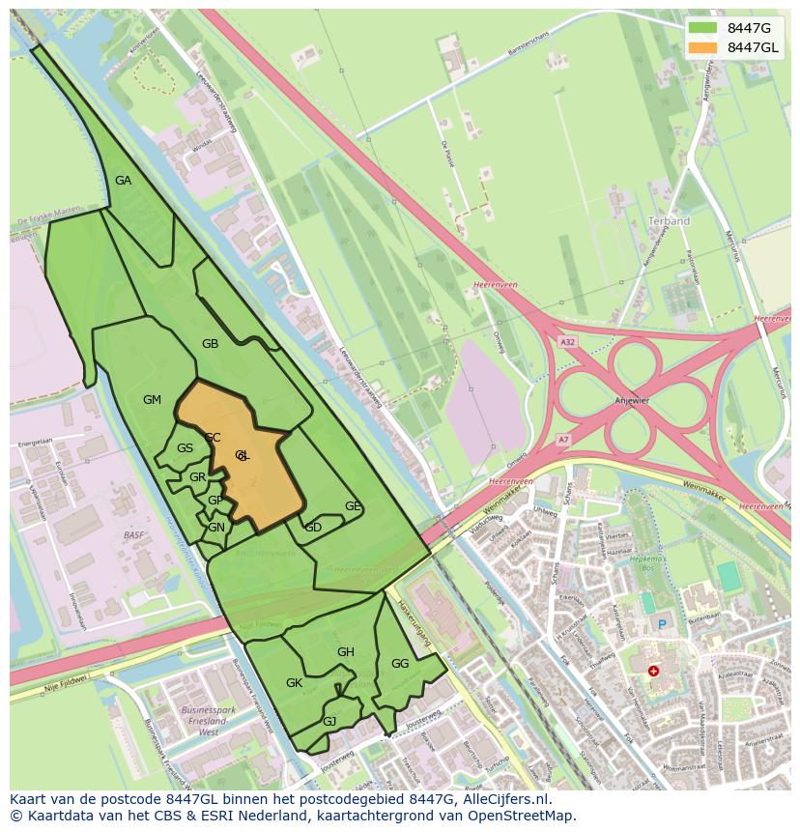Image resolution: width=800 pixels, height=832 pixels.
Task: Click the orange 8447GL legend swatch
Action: point(702,47)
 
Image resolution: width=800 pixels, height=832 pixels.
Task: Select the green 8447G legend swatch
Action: point(702,28)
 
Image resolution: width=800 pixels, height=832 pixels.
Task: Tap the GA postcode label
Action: point(123,181)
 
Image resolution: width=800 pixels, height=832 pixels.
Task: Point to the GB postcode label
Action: point(210,344)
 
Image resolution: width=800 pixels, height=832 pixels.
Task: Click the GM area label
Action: point(152,400)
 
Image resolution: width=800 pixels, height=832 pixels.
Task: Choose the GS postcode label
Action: point(185,448)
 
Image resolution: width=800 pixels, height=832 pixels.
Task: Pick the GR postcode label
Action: point(197,477)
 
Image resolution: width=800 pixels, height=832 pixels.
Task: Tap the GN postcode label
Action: point(216,528)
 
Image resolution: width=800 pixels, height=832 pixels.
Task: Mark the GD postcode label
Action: point(313,528)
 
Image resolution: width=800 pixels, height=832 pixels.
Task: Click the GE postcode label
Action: point(353,506)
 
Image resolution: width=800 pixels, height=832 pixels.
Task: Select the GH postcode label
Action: point(346,652)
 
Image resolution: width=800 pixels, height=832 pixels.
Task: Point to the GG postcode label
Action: point(400,664)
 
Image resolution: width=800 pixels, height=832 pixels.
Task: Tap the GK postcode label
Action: point(295,683)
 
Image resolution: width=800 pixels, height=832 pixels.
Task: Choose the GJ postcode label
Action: point(329,722)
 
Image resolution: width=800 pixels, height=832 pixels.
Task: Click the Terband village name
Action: point(670,221)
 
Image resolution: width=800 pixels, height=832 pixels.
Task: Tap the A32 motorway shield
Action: point(567,341)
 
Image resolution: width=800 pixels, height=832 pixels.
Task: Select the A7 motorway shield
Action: point(563,440)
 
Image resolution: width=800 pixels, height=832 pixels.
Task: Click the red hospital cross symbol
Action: point(654,671)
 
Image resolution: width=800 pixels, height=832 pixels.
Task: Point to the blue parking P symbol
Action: point(662,625)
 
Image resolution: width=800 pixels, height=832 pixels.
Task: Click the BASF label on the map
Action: point(133,534)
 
